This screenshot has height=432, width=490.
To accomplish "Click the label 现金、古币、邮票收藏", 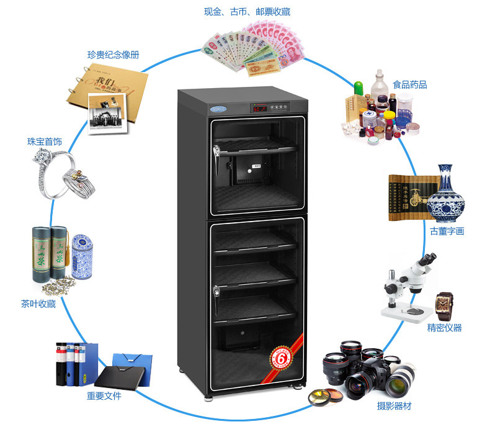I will (x=247, y=11).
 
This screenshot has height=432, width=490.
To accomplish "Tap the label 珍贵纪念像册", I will (x=113, y=55).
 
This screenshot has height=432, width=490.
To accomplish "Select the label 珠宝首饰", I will (x=44, y=142).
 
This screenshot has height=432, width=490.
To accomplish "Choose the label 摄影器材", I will (x=394, y=406).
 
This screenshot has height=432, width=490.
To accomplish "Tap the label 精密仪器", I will (x=444, y=328).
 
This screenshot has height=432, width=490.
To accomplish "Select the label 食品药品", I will (x=409, y=84).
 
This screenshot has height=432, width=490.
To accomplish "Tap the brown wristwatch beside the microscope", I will (x=445, y=305).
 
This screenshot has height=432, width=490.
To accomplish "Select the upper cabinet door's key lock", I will (x=217, y=150).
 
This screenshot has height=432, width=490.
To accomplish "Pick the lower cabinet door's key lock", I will (x=217, y=290).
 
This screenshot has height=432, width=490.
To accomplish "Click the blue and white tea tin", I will (x=81, y=256).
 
